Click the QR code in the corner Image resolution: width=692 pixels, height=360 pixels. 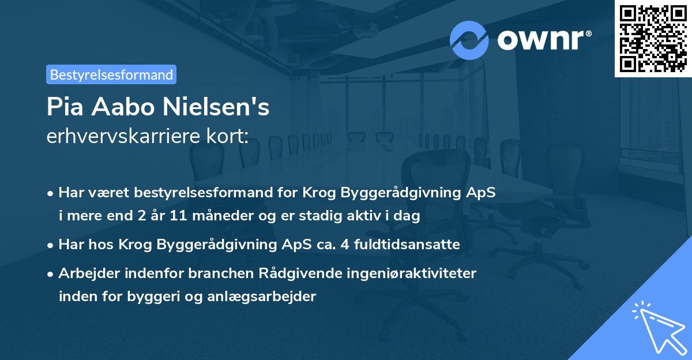point(653,38)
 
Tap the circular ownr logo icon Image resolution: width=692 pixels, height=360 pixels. point(469,40)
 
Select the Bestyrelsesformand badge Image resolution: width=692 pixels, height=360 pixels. point(111,74)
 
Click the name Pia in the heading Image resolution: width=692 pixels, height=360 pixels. point(64,107)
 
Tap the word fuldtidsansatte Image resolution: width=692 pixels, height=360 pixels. point(414,245)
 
